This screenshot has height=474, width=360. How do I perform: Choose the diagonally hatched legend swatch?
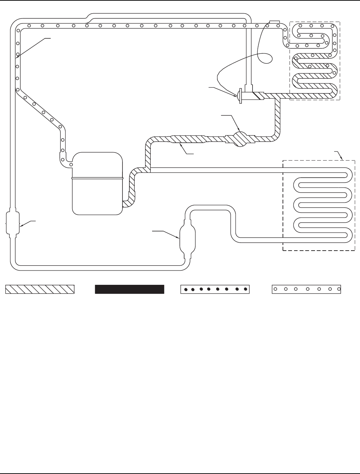pyautogui.click(x=40, y=289)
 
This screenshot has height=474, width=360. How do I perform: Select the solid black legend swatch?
pyautogui.click(x=129, y=289)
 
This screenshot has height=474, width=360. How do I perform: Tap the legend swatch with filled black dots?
pyautogui.click(x=214, y=289)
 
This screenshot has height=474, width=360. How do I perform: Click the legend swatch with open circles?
pyautogui.click(x=306, y=289)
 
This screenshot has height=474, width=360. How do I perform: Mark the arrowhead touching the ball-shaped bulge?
pyautogui.click(x=238, y=130)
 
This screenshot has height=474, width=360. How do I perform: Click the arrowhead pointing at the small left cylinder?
pyautogui.click(x=21, y=226)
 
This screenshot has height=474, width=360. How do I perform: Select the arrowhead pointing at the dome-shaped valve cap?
pyautogui.click(x=236, y=95)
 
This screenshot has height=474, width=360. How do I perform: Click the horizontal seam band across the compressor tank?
pyautogui.click(x=97, y=178)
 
